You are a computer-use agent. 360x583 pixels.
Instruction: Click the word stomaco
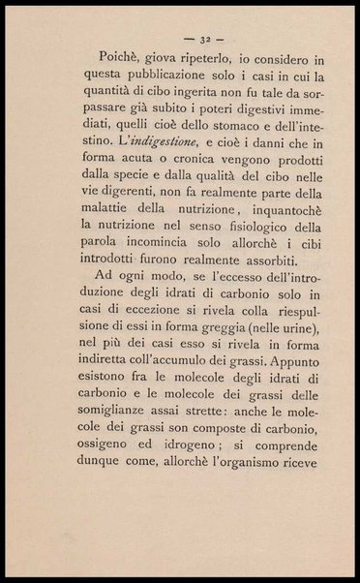click(226, 138)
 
